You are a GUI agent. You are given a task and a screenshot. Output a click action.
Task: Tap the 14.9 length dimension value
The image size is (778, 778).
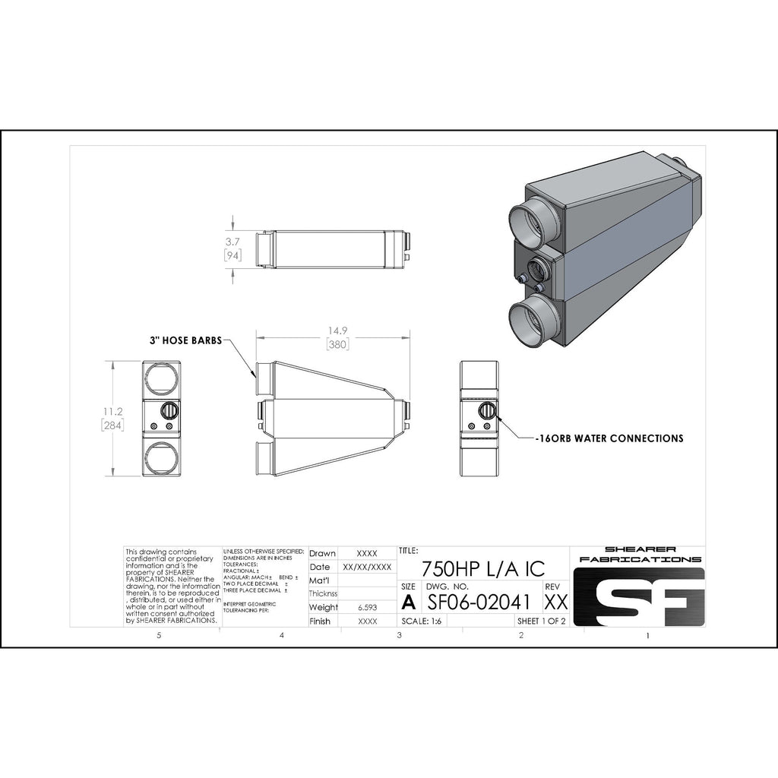(337, 331)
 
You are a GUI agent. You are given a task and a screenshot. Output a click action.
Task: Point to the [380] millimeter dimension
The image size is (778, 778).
(337, 345)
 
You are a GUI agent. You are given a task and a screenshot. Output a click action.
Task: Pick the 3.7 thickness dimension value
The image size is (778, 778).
(232, 242)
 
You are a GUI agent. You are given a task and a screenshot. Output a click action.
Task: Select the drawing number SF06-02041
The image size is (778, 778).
(478, 602)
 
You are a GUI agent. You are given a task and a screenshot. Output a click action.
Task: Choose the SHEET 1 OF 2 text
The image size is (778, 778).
(541, 621)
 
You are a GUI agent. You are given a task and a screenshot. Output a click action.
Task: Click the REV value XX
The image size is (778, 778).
(556, 602)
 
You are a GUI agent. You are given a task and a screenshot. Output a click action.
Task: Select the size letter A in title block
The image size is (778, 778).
(408, 602)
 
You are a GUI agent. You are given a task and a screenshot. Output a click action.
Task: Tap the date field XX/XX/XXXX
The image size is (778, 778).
(367, 567)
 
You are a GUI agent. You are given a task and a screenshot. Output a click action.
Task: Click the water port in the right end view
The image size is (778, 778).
(486, 412)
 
